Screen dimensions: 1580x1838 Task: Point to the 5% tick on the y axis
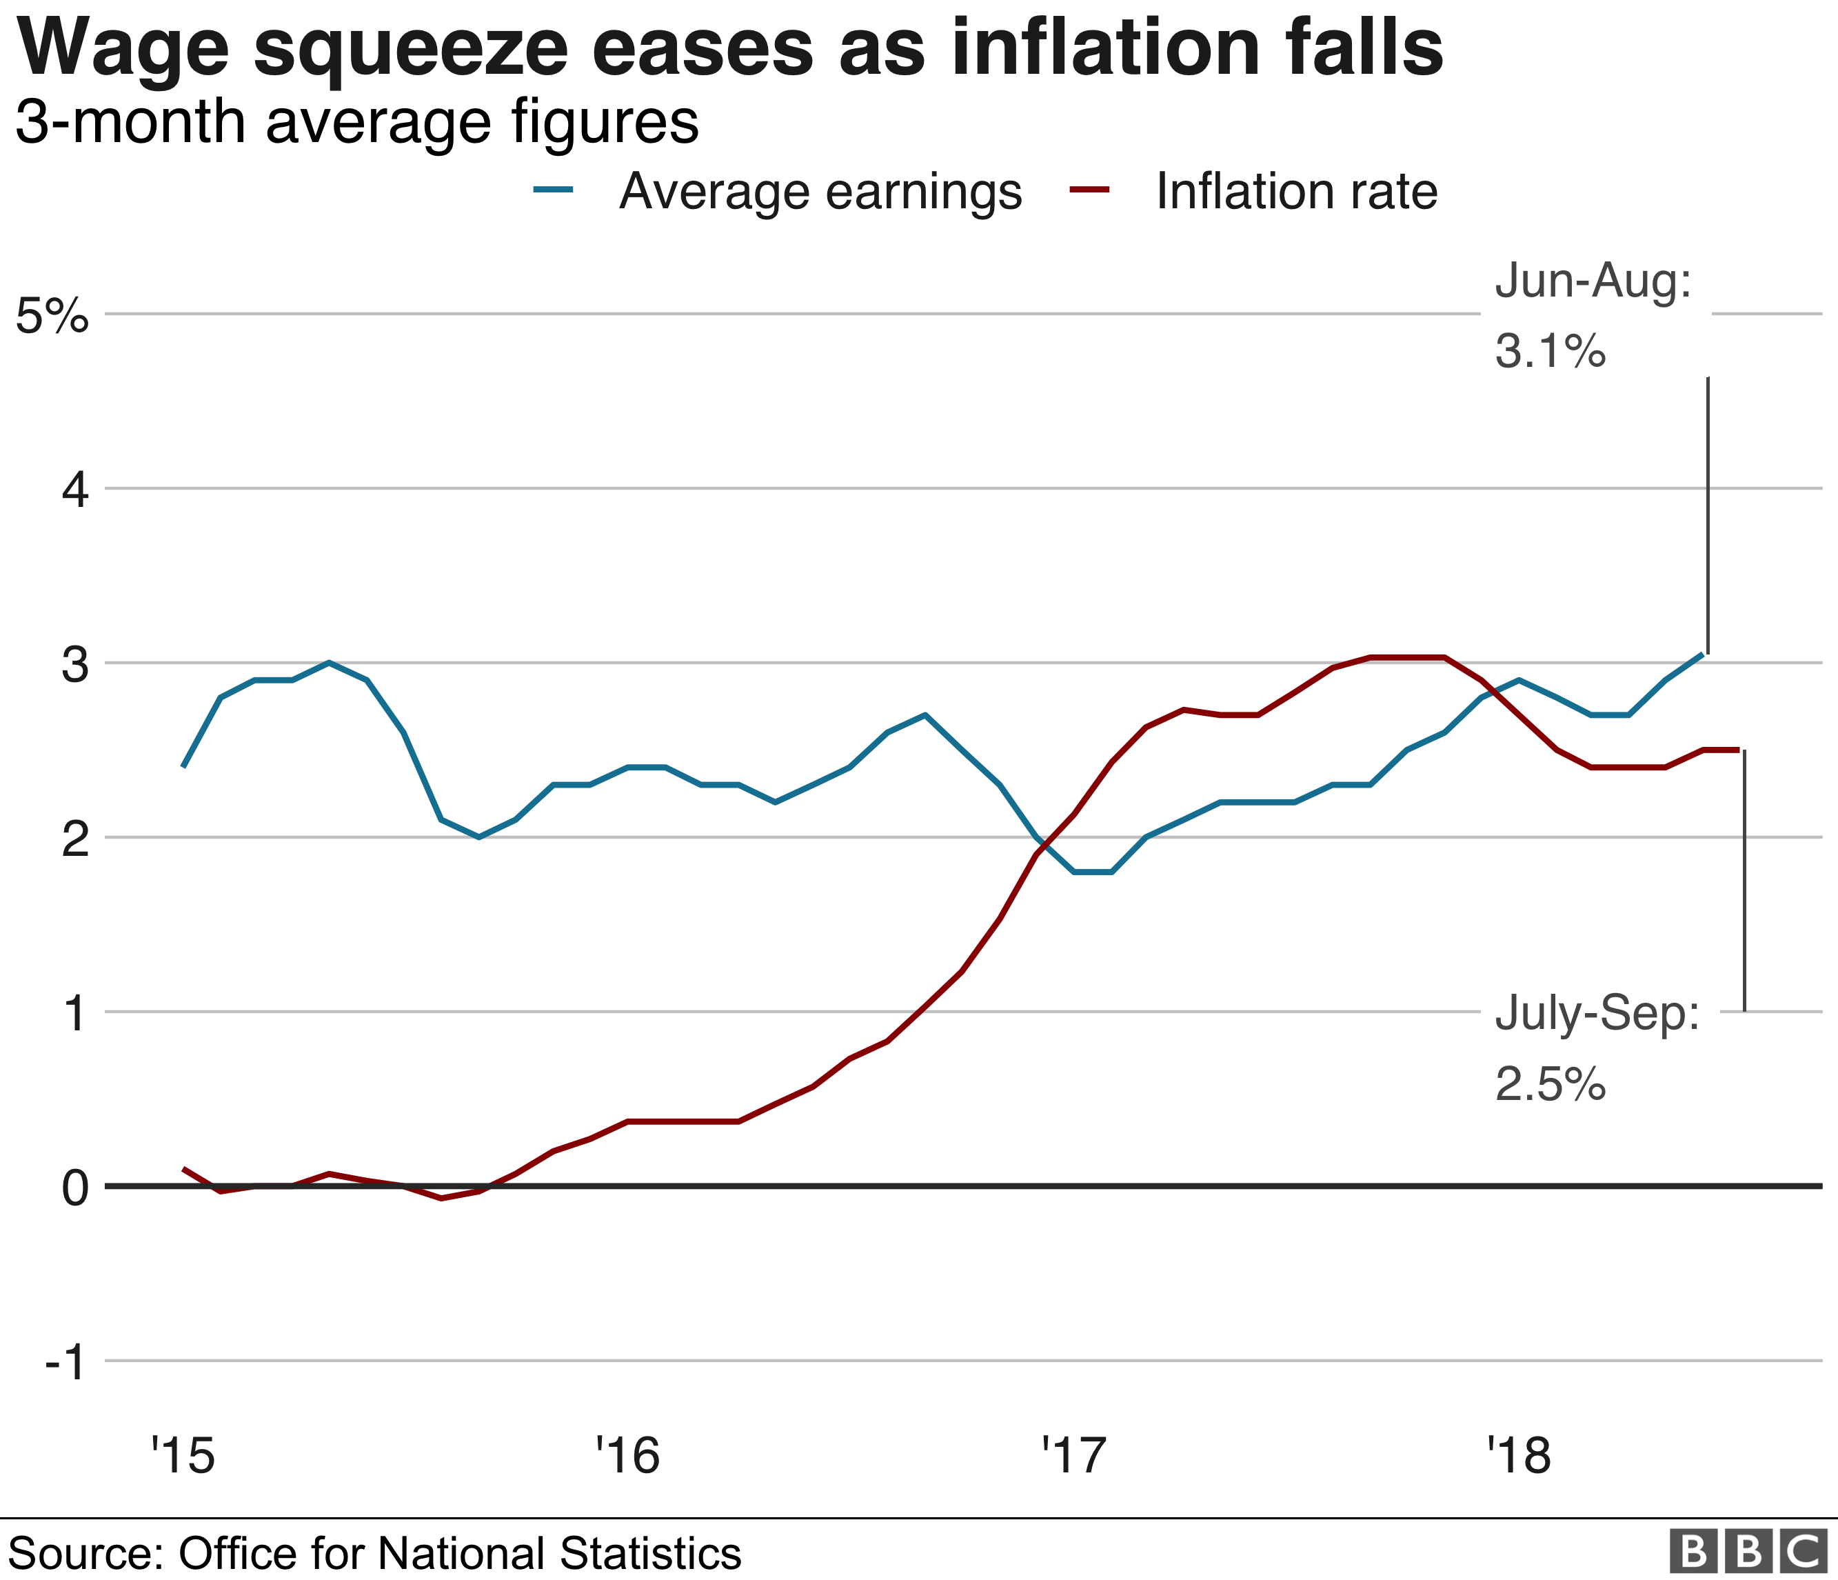(x=52, y=315)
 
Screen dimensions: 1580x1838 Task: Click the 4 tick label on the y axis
(x=75, y=490)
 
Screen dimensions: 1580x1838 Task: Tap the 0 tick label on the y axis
(x=75, y=1188)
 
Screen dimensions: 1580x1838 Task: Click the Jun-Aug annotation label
(x=1593, y=281)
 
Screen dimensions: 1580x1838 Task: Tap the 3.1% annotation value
(x=1550, y=350)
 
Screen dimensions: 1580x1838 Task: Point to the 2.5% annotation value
(x=1550, y=1083)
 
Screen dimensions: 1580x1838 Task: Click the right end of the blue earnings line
(x=1701, y=654)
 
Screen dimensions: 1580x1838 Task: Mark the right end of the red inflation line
(x=1738, y=750)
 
